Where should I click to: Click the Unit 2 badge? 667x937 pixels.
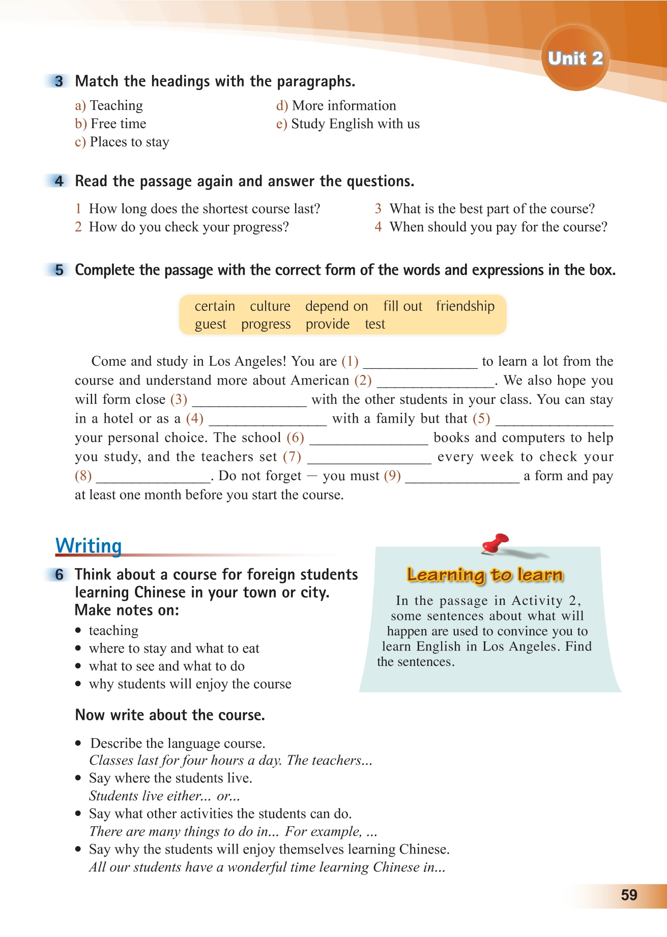[575, 58]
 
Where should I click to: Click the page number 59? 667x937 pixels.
[629, 895]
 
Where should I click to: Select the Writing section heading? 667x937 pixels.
[89, 546]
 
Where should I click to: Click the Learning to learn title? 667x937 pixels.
[485, 575]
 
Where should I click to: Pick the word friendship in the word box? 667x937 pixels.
[465, 306]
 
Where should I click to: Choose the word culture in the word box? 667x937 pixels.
[270, 306]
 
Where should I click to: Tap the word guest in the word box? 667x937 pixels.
[210, 325]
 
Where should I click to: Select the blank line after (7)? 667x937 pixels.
[369, 458]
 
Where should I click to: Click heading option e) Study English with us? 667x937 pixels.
[348, 124]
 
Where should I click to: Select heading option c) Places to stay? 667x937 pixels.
[122, 142]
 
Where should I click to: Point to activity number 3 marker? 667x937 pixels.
[59, 81]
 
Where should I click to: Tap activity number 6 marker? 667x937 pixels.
[59, 575]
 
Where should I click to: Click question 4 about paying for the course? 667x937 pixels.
[491, 227]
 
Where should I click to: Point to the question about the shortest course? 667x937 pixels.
[198, 209]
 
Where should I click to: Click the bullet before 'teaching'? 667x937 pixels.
[78, 631]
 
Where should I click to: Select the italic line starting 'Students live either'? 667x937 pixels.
[164, 796]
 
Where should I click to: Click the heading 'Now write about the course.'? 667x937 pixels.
[170, 715]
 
